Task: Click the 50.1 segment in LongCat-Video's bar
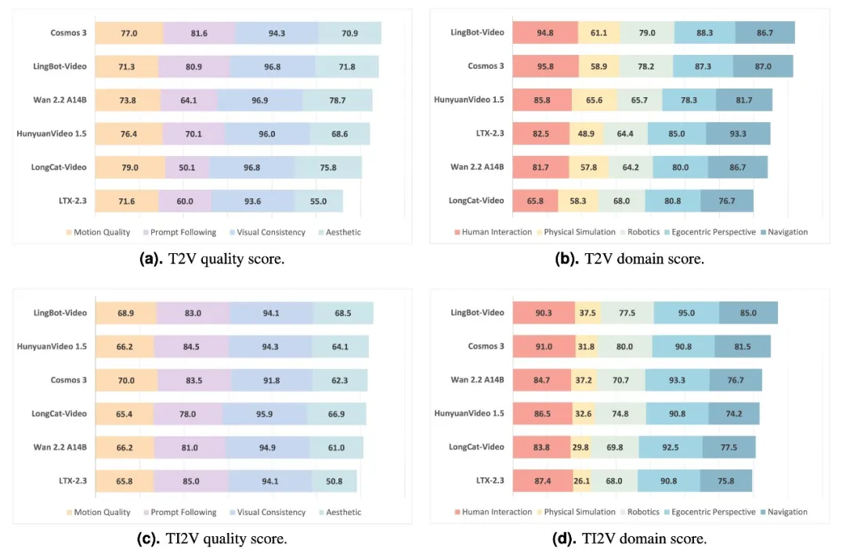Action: point(187,167)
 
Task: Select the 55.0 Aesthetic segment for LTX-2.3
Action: point(318,201)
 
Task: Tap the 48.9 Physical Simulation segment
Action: point(587,133)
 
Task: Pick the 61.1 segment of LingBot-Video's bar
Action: point(599,32)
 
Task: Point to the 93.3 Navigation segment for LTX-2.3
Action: point(738,133)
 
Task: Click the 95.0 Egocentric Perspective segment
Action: point(686,313)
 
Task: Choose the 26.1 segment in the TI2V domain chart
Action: point(581,481)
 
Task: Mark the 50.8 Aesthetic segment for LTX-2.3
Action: point(334,481)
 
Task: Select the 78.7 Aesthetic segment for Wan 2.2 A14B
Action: point(337,100)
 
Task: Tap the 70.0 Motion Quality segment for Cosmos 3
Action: point(126,380)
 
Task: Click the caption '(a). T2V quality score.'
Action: point(212,259)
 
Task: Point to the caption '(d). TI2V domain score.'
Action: point(629,538)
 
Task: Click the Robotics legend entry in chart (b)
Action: point(640,232)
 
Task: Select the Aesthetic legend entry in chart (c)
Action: point(340,512)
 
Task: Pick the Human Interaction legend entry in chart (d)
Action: point(493,512)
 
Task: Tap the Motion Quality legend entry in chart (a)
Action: point(98,232)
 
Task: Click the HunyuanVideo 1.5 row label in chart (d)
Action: point(469,413)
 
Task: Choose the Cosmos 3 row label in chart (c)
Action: point(68,380)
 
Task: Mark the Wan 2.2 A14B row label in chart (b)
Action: point(478,167)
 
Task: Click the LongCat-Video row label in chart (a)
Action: point(59,167)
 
